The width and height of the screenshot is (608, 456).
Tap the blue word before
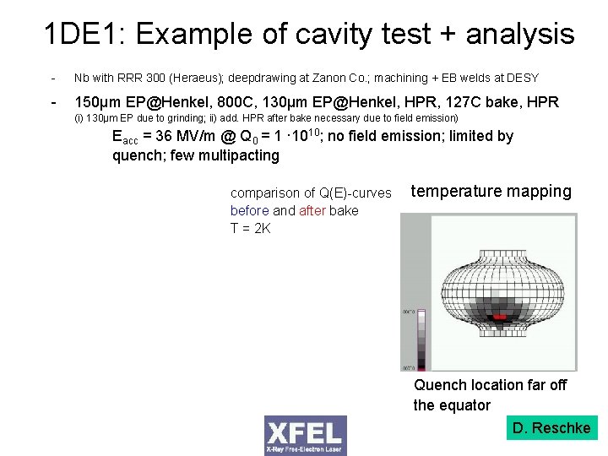pos(249,210)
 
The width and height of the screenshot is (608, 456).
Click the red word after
pos(312,210)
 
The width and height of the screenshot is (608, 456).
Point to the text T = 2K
pos(251,227)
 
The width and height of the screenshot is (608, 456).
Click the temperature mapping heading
pos(491,192)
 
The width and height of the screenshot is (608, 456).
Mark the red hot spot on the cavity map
pos(501,315)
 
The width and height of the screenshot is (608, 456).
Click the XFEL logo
pos(305,435)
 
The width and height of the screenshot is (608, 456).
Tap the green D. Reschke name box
pos(551,428)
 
